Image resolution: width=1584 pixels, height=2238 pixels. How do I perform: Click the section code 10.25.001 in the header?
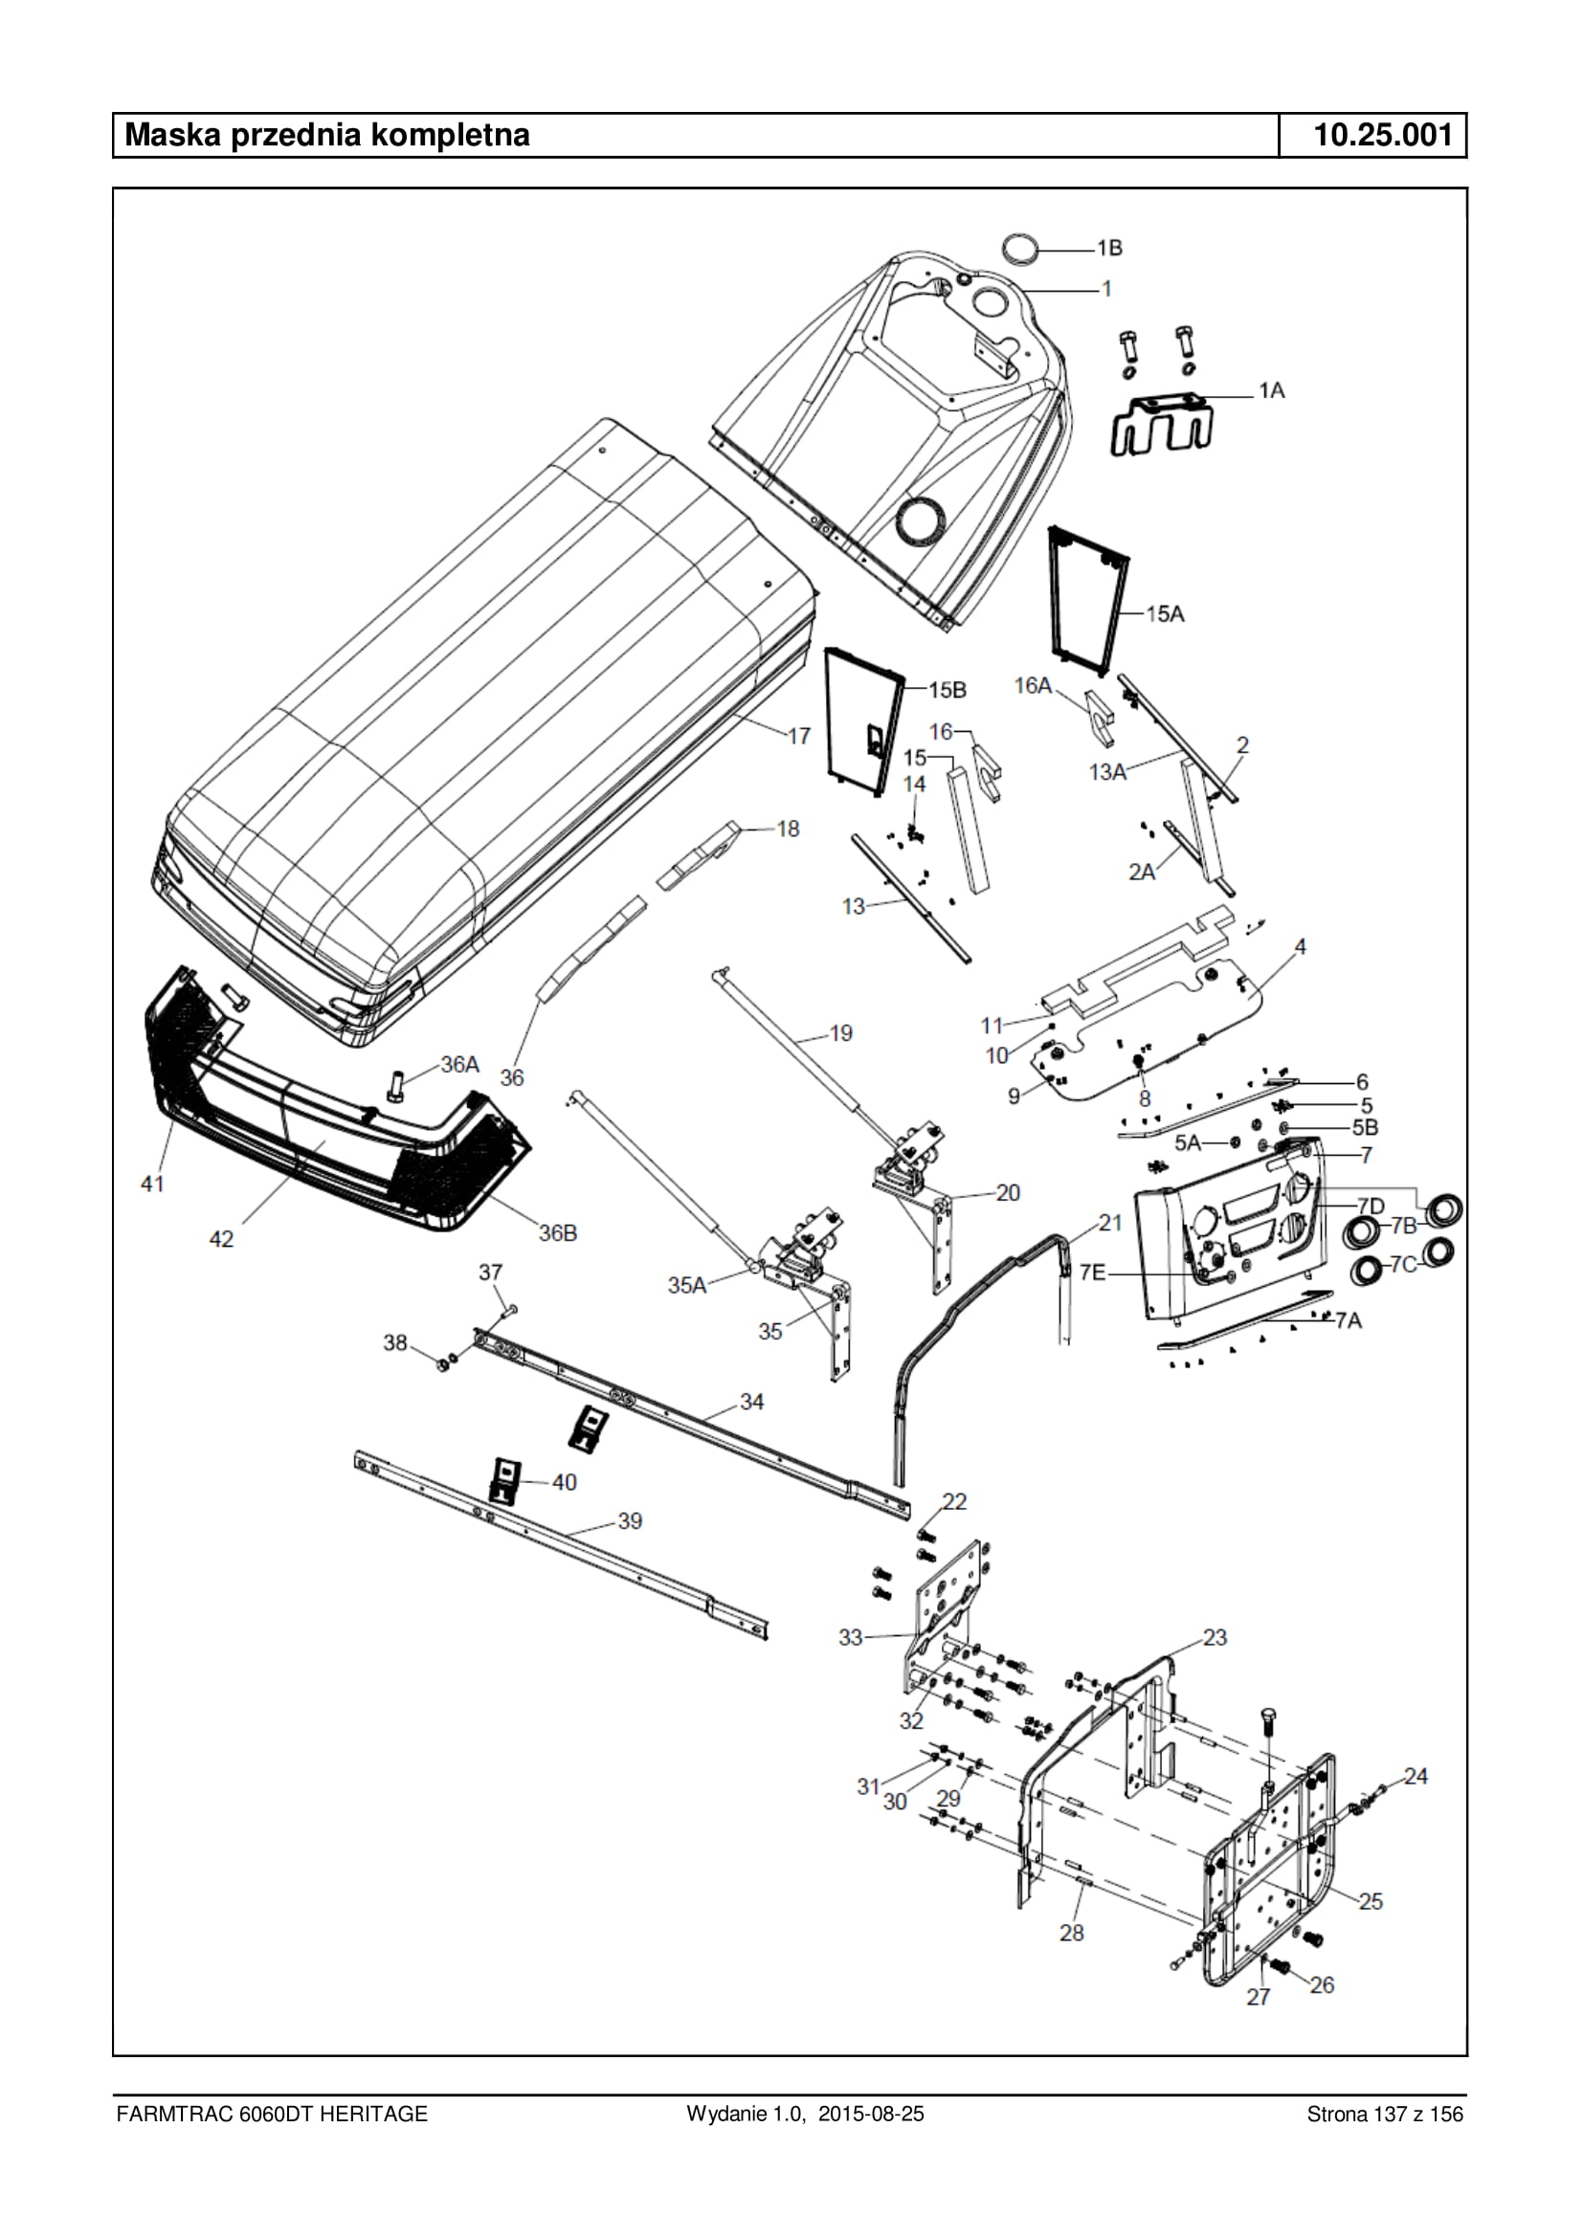1383,135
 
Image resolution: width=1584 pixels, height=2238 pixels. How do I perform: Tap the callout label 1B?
1109,249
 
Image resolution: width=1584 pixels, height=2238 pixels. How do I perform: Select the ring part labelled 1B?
1022,248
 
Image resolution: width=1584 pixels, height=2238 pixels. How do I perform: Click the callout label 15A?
1165,613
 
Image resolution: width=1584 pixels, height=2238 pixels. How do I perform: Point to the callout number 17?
799,736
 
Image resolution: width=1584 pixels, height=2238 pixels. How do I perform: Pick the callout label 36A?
460,1064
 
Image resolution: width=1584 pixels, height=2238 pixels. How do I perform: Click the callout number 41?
153,1184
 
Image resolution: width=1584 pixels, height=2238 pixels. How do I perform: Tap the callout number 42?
221,1238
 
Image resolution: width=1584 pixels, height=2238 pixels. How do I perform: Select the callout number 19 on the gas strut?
840,1032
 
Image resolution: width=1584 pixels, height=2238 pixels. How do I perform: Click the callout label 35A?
686,1285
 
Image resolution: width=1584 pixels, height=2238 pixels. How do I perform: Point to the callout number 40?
565,1482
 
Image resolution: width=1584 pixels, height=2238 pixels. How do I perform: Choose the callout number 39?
630,1521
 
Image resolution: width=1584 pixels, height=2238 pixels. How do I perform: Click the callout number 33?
852,1637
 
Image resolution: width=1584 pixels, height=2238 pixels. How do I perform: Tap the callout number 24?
1416,1777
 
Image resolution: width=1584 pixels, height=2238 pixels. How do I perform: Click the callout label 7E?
1092,1274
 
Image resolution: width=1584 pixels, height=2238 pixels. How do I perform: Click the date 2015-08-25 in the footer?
871,2115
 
